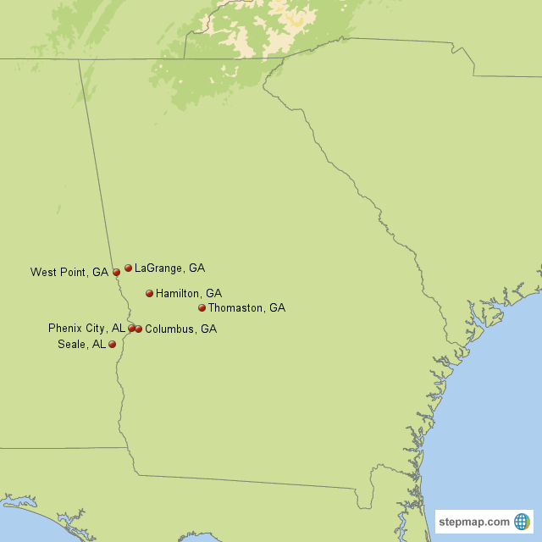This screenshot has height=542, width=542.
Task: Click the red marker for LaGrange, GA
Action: pyautogui.click(x=128, y=268)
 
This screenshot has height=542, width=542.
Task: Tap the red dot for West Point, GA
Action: pyautogui.click(x=116, y=273)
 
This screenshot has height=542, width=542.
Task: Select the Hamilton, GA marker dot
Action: pyautogui.click(x=149, y=294)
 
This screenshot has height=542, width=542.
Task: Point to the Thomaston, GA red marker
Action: pyautogui.click(x=202, y=308)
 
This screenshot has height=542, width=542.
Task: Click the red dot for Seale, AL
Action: pyautogui.click(x=112, y=345)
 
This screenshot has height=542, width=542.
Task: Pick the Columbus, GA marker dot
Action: pyautogui.click(x=138, y=329)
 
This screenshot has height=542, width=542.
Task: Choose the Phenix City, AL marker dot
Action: pyautogui.click(x=131, y=328)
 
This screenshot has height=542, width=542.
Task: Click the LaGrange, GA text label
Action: pyautogui.click(x=169, y=268)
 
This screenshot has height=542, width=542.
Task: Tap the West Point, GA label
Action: pyautogui.click(x=69, y=273)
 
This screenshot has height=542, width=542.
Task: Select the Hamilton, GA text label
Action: pyautogui.click(x=189, y=294)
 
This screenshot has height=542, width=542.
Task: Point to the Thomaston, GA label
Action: pyautogui.click(x=246, y=308)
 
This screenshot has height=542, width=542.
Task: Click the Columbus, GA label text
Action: pyautogui.click(x=180, y=329)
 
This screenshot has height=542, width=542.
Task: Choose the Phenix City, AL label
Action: pyautogui.click(x=86, y=328)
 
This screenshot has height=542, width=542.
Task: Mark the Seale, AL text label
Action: pyautogui.click(x=81, y=345)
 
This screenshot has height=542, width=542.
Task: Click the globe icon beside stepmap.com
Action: pyautogui.click(x=522, y=521)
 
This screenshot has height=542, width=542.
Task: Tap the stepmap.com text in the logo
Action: pyautogui.click(x=474, y=522)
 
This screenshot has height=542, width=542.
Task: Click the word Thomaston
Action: pyautogui.click(x=236, y=308)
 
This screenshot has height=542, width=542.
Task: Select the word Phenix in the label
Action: pyautogui.click(x=64, y=328)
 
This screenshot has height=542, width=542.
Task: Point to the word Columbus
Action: pyautogui.click(x=170, y=329)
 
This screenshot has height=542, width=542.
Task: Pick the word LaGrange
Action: pyautogui.click(x=159, y=268)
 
